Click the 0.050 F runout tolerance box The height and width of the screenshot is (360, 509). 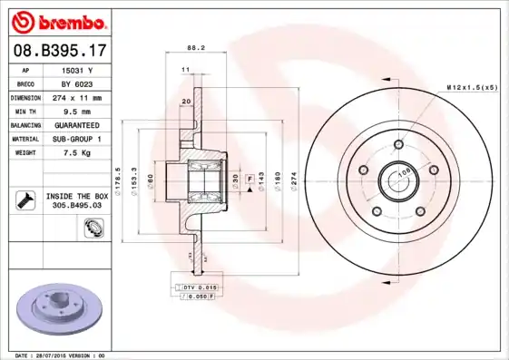coord(198,296)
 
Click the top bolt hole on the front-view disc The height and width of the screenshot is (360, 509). coord(397,144)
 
